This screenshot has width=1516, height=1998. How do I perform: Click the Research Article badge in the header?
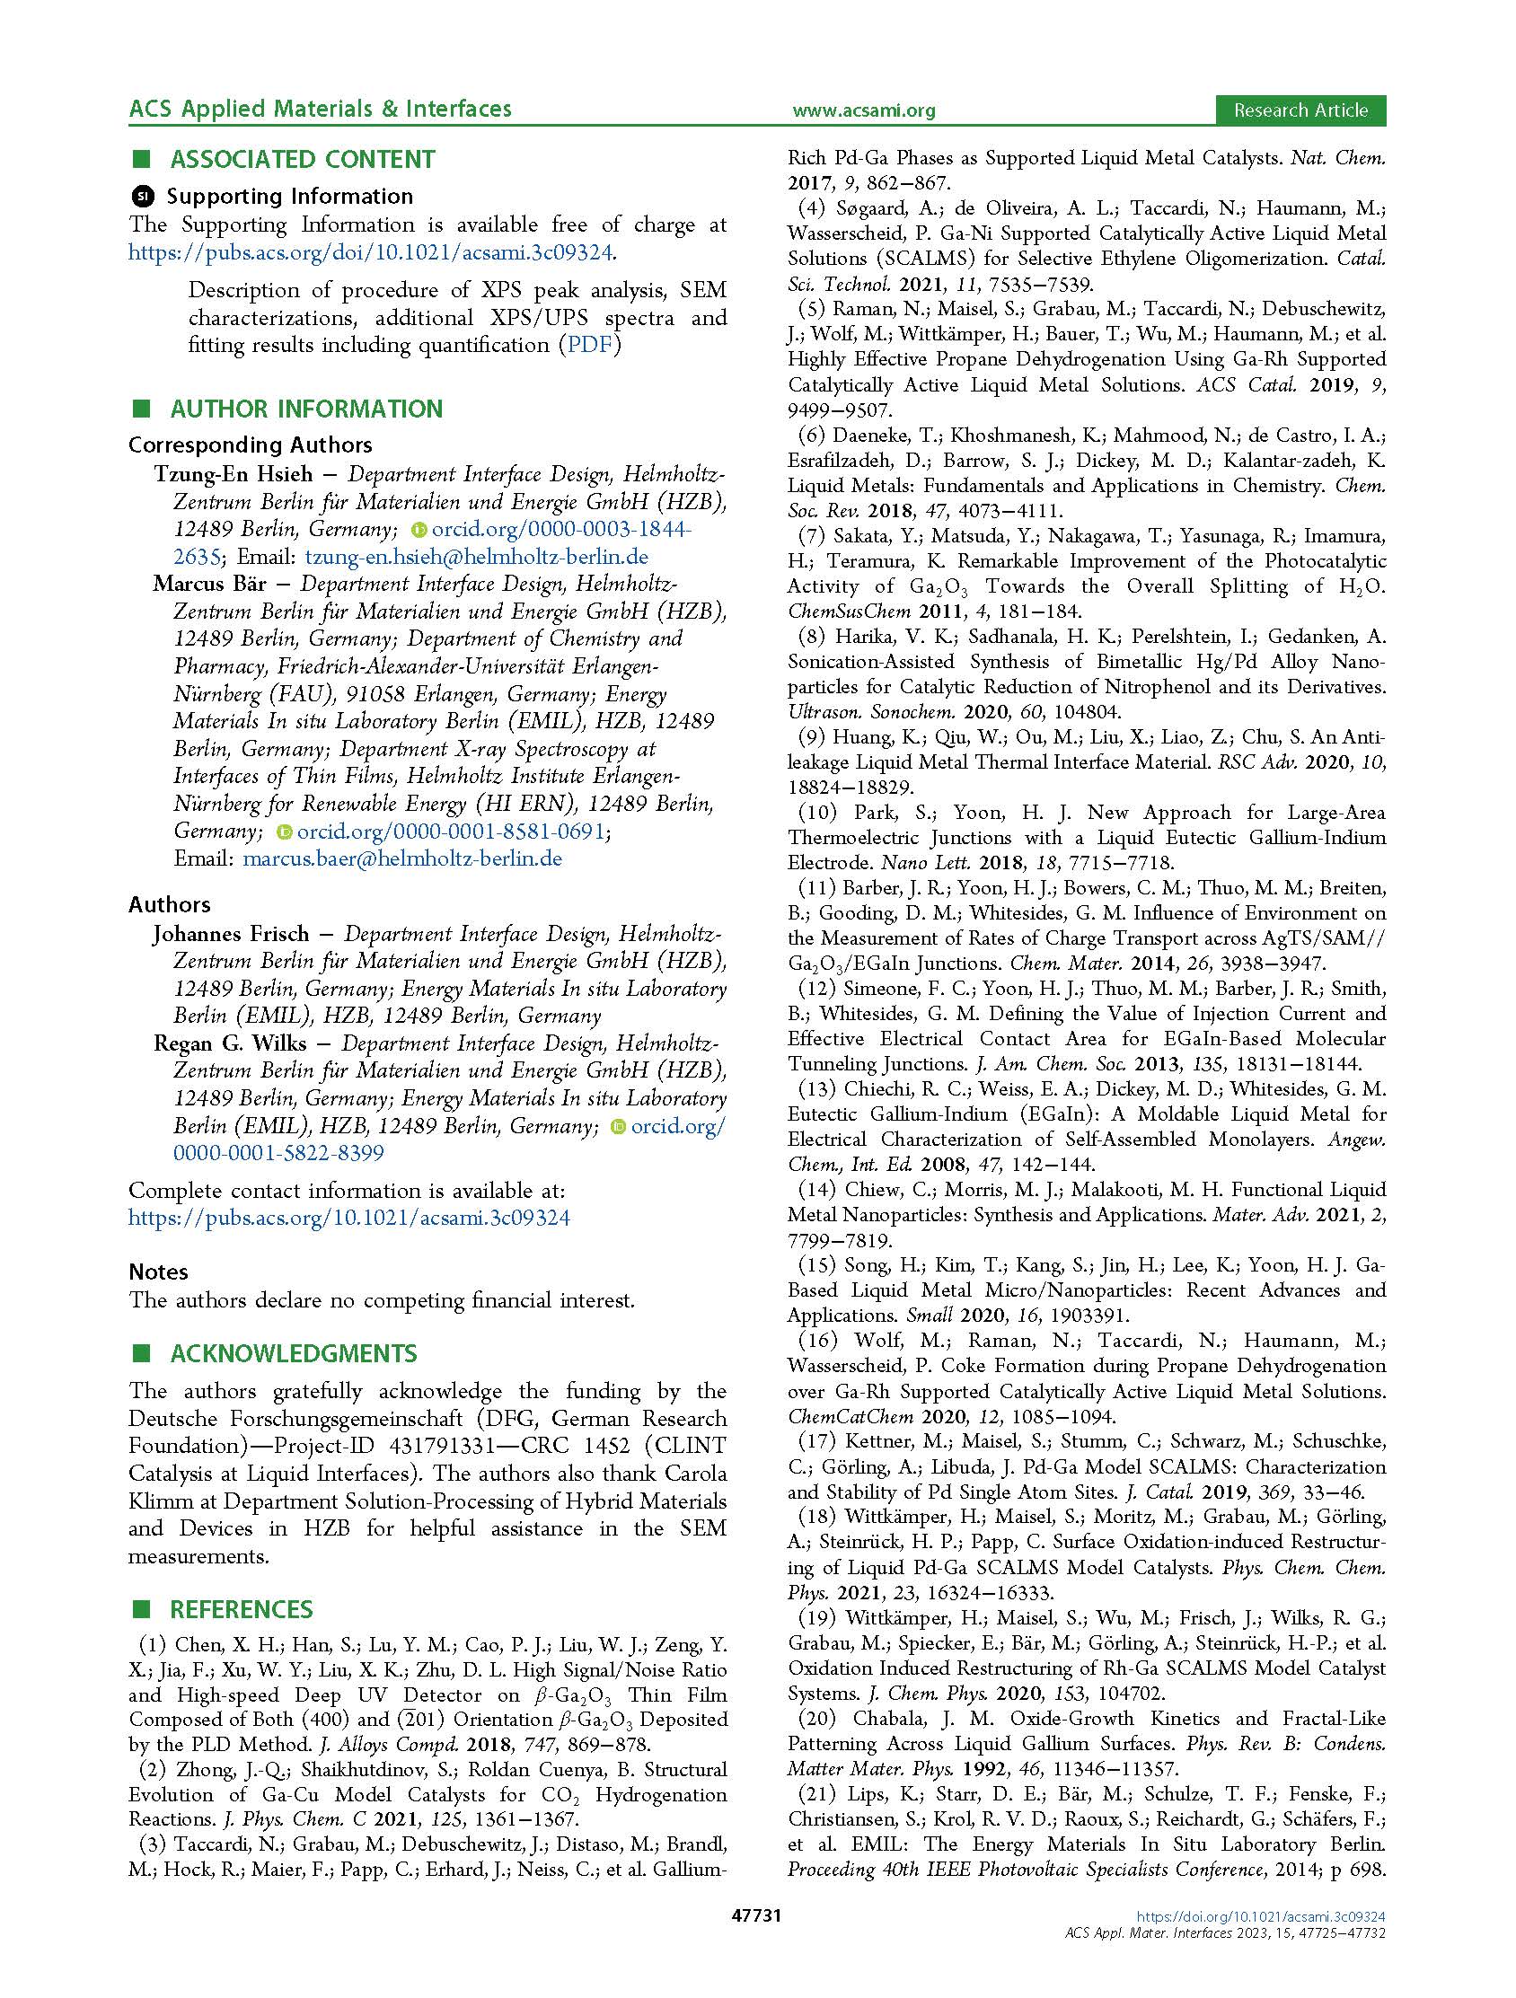pyautogui.click(x=1300, y=110)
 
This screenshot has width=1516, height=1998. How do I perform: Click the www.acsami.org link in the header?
pyautogui.click(x=863, y=111)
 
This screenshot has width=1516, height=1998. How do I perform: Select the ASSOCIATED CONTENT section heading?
pyautogui.click(x=302, y=160)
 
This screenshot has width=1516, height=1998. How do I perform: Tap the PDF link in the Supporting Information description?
pyautogui.click(x=588, y=345)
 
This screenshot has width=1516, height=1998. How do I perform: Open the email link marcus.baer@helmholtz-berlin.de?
pyautogui.click(x=402, y=858)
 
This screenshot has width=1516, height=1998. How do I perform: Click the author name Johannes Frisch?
pyautogui.click(x=231, y=934)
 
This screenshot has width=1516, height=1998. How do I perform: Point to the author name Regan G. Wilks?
pyautogui.click(x=230, y=1044)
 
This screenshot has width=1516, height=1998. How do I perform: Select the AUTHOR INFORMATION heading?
pyautogui.click(x=306, y=409)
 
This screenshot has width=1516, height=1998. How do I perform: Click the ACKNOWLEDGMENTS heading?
pyautogui.click(x=294, y=1354)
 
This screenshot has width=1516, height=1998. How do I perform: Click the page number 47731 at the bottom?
pyautogui.click(x=756, y=1941)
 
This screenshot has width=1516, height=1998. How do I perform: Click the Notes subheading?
pyautogui.click(x=158, y=1272)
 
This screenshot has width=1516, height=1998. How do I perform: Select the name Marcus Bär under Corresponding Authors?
pyautogui.click(x=208, y=584)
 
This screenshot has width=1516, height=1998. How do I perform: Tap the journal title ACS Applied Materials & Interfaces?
pyautogui.click(x=320, y=110)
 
